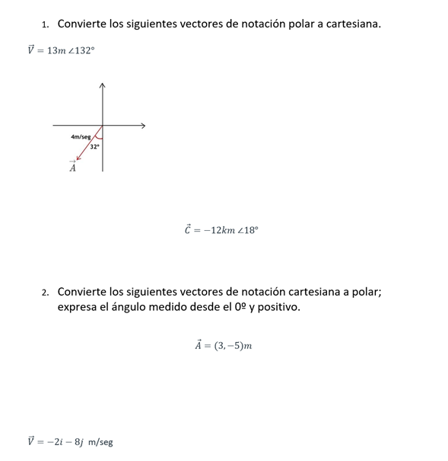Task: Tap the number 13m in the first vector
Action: [56, 50]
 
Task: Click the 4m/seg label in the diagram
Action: [80, 136]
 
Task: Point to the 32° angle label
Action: [95, 146]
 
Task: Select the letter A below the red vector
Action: [73, 168]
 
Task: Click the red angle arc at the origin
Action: [98, 135]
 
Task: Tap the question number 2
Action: [45, 293]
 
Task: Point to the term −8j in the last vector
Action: [73, 441]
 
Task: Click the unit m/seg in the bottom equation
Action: [100, 442]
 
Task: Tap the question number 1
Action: [45, 24]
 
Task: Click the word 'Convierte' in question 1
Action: [81, 24]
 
